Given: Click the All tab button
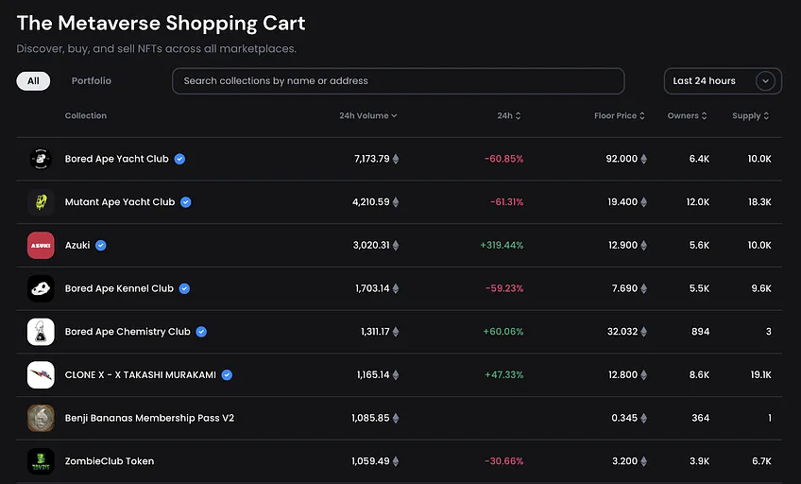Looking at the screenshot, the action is pos(33,80).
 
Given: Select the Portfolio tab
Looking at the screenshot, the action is pos(92,80).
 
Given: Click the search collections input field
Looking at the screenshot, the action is pos(398,80).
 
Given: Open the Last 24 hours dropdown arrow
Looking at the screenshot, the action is pos(765,80).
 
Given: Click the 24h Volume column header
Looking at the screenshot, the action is pos(367,115).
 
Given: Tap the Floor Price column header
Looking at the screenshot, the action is pos(619,115).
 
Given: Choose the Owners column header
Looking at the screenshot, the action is pos(687,115).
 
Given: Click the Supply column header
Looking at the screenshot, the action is pos(750,115).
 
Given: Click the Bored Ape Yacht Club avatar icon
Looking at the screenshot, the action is pos(41,159).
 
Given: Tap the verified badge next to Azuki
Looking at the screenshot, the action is pos(101,246).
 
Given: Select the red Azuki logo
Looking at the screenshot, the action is pos(41,246).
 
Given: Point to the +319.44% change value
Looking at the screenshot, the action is pos(502,246).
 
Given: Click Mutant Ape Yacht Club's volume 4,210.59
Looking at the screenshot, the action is pos(371,202).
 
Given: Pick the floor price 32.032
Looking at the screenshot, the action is pos(622,332).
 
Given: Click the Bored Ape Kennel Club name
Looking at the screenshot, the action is pos(119,288).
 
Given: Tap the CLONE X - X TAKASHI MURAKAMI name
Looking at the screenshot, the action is pos(141,374).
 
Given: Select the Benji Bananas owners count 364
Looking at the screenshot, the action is pos(700,418).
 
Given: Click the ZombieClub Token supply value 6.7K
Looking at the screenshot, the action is pos(761,461).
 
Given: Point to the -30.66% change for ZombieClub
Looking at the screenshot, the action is pos(504,461).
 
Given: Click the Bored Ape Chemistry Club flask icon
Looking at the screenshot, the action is pos(41,332).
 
